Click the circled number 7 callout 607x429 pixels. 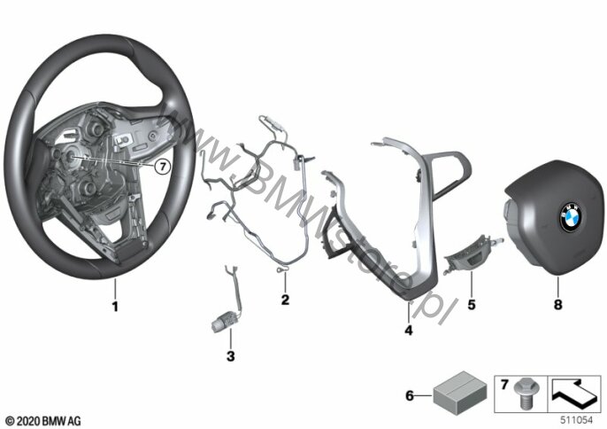coord(163,168)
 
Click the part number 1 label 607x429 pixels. coord(115,307)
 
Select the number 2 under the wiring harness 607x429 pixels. coord(285,300)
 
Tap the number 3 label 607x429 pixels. coord(230,355)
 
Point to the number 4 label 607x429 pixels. coord(409,330)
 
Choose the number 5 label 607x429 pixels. coord(471,305)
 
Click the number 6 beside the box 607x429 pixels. coord(410,395)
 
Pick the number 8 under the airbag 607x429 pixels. coord(557,305)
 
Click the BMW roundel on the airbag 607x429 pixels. coord(571,217)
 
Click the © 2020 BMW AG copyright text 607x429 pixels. coord(43,420)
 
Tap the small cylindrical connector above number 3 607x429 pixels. coord(223,321)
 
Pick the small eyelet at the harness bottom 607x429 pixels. coord(280,270)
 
